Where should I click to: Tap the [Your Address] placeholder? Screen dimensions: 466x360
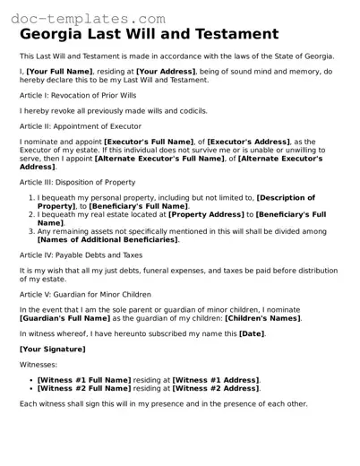(167, 70)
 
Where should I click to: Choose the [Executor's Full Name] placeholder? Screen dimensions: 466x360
(148, 142)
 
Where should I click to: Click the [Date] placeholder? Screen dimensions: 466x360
(251, 333)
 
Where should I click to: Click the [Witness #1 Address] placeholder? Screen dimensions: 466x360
(215, 380)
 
